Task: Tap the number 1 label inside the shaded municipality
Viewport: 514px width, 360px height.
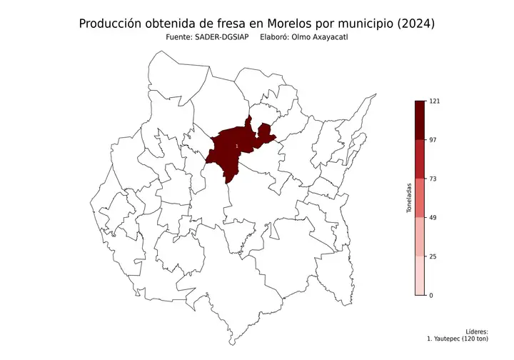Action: [236, 146]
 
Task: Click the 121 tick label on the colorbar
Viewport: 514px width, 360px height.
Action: [433, 101]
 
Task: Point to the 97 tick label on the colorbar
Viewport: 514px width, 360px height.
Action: [432, 140]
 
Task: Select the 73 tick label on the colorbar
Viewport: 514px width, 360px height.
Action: [432, 179]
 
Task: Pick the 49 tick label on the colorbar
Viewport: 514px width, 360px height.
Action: [432, 218]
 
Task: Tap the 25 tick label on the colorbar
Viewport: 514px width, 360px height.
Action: [432, 256]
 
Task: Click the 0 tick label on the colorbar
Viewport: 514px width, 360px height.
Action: [430, 295]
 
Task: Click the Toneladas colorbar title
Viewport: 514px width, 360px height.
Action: [409, 198]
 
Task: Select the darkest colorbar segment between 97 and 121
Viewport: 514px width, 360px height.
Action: [420, 120]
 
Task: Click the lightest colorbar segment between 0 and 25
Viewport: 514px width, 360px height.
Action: [420, 276]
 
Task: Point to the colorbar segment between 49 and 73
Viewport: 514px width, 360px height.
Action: [420, 198]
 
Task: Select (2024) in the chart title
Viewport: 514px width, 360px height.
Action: [413, 24]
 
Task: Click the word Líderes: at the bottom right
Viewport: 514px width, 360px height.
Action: [476, 331]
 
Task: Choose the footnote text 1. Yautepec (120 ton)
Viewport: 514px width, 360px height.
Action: [457, 339]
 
